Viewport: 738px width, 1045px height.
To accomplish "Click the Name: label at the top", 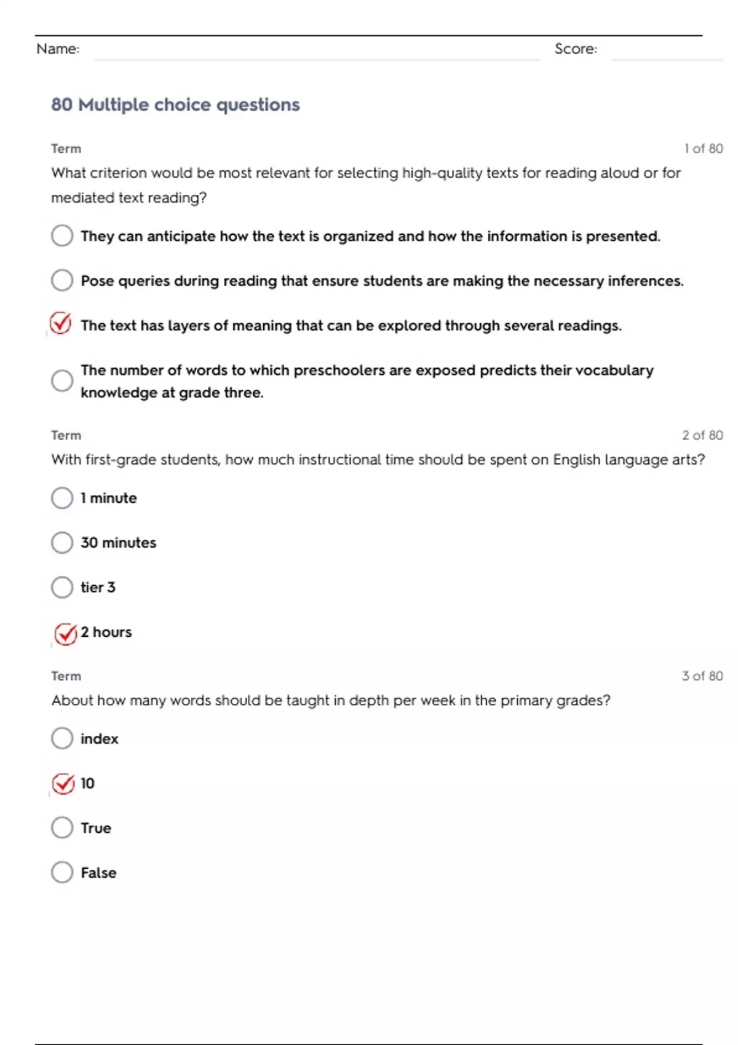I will tap(58, 49).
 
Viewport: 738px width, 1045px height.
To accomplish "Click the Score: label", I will tap(576, 49).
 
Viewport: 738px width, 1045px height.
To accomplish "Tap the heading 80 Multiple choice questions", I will tap(175, 104).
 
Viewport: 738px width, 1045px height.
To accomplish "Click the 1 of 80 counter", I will tap(704, 149).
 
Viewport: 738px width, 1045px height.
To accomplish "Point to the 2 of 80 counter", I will tap(702, 435).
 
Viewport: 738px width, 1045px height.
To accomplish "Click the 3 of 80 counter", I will tap(702, 676).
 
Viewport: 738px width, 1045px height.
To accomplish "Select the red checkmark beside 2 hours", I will tap(65, 634).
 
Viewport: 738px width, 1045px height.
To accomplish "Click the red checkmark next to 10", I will tap(63, 784).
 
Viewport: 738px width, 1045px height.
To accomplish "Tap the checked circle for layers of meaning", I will tap(61, 323).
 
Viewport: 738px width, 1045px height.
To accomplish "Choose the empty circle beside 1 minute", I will tap(62, 498).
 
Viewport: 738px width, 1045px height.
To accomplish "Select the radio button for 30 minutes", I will tap(62, 543).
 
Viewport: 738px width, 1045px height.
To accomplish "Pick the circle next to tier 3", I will tap(62, 588).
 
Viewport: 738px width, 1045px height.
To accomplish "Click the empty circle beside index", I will tap(62, 739).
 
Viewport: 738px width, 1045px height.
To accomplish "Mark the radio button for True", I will tap(62, 828).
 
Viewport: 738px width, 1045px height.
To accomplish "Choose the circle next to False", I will tap(62, 873).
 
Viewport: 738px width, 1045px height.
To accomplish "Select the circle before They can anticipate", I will tap(62, 236).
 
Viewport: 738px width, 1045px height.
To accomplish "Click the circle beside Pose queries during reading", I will tap(62, 281).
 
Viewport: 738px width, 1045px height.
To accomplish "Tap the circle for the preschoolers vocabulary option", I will tap(62, 381).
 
